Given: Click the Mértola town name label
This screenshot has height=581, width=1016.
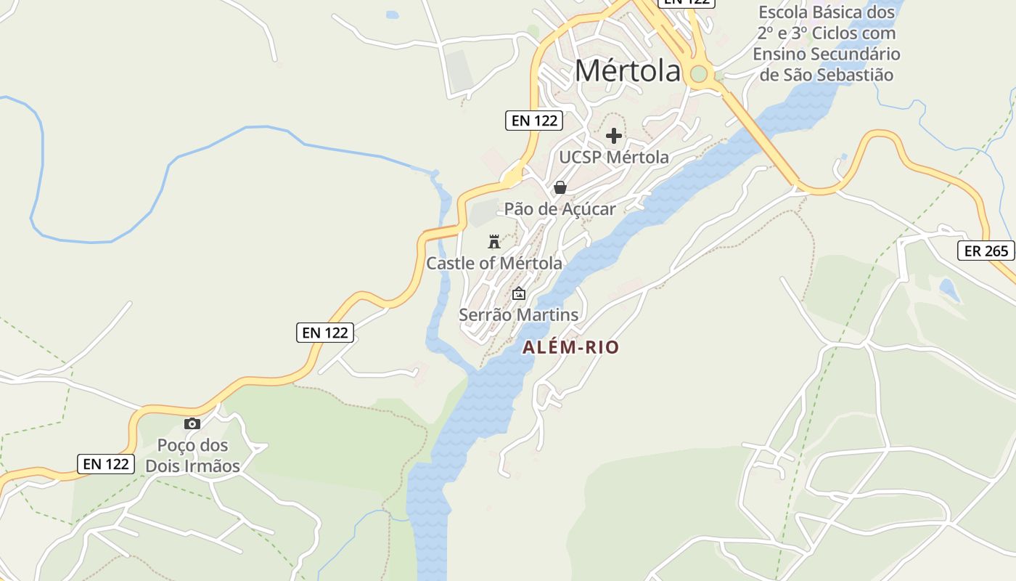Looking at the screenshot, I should (x=628, y=70).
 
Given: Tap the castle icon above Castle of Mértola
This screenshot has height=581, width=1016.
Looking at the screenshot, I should (x=494, y=242).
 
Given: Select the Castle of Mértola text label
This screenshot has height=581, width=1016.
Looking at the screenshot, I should (x=493, y=263).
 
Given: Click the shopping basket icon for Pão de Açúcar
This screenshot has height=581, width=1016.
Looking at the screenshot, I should (x=560, y=187).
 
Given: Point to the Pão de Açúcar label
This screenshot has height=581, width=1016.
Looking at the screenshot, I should (x=560, y=209).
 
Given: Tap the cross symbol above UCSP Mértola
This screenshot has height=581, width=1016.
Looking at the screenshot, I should (x=614, y=136).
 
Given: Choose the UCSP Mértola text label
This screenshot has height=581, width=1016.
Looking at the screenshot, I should (x=614, y=157).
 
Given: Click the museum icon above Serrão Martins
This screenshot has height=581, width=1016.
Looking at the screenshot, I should (x=519, y=294).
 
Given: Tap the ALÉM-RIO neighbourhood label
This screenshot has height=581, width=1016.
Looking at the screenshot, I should (x=571, y=348).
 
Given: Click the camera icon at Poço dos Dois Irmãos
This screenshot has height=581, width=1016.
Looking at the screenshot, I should (x=192, y=424).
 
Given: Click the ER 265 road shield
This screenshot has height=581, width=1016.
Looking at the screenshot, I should (x=986, y=251).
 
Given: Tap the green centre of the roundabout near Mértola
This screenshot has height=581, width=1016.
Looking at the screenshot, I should (x=698, y=73).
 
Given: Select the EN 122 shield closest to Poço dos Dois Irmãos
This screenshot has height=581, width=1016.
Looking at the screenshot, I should (x=106, y=463).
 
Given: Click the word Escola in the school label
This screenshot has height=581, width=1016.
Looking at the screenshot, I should (x=784, y=12).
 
